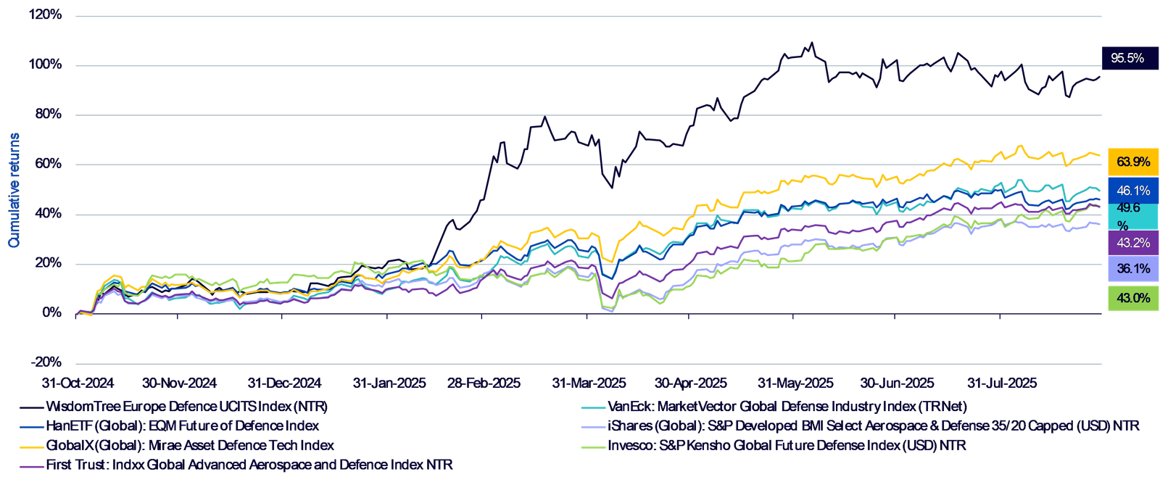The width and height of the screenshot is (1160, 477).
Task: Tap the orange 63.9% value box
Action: click(x=1132, y=162)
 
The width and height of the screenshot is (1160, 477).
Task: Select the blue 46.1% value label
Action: click(x=1132, y=191)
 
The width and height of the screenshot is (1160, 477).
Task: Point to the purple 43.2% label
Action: click(x=1132, y=243)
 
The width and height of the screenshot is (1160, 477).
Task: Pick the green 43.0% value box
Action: click(x=1132, y=298)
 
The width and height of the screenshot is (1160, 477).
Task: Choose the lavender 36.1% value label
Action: click(x=1132, y=269)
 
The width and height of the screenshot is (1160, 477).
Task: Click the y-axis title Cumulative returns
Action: click(x=14, y=190)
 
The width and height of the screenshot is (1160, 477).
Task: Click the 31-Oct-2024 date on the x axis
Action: click(x=72, y=382)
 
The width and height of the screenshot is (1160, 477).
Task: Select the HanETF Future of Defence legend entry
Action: click(x=181, y=426)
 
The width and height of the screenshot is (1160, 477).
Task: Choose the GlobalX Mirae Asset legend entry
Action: click(x=191, y=445)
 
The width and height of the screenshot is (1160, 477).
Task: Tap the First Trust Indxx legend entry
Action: click(x=248, y=465)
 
